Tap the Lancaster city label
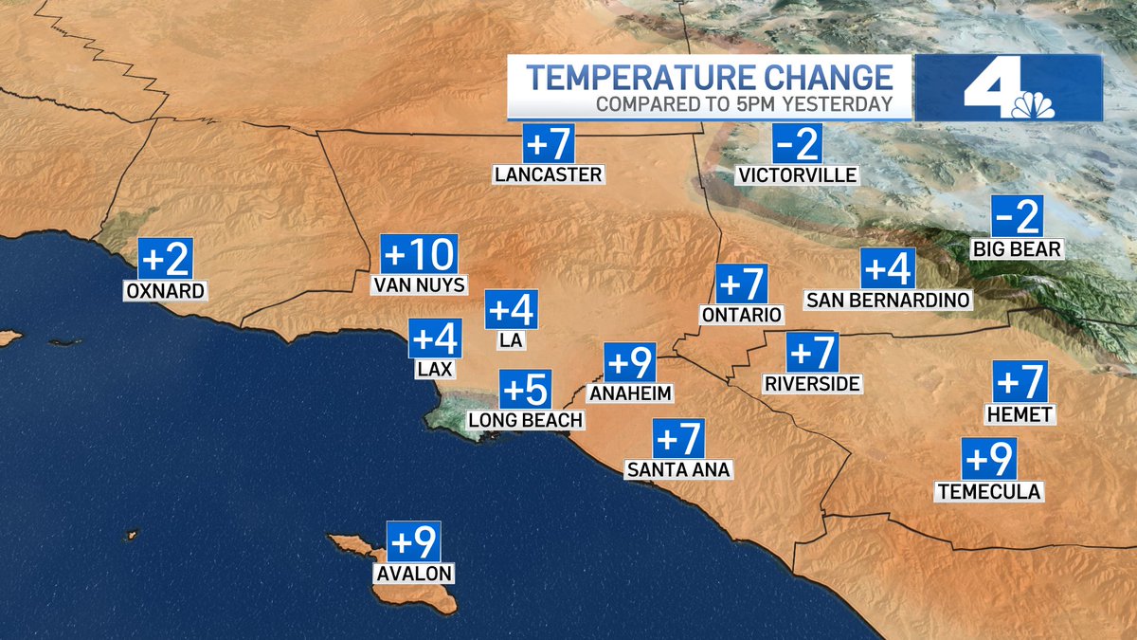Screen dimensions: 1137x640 pos(549,174)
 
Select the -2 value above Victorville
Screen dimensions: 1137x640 pos(797,144)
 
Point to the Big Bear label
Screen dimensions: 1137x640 pos(1017,249)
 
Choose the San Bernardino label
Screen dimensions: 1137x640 pos(888,301)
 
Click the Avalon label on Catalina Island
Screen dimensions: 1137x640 pos(413,573)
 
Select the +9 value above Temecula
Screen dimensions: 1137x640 pos(989,460)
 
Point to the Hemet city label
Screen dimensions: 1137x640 pos(1020,414)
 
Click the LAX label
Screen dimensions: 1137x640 pos(435,370)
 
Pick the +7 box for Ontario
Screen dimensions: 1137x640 pos(741,284)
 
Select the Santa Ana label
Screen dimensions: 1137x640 pos(678,468)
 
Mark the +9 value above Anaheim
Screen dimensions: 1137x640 pos(630,363)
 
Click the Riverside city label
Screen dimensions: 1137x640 pos(813,383)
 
